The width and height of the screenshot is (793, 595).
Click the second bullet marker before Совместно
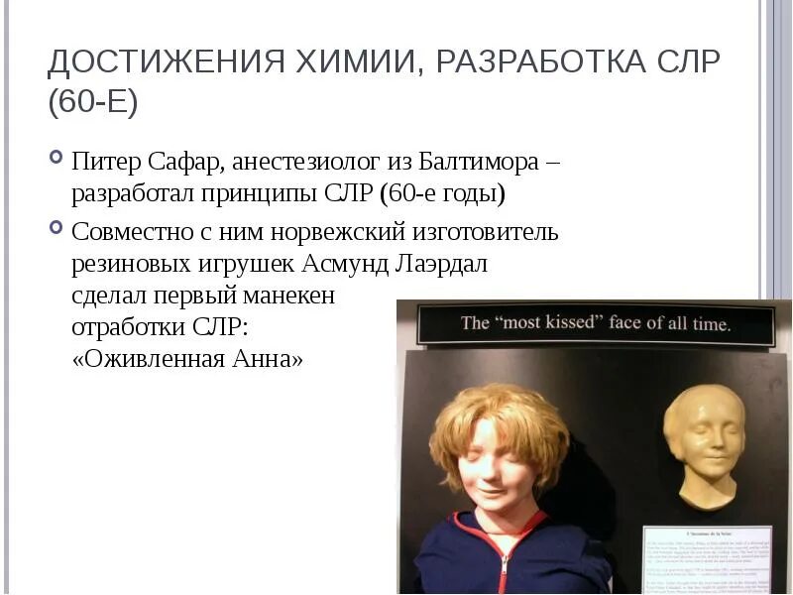[56, 227]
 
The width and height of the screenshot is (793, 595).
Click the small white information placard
[706, 559]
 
